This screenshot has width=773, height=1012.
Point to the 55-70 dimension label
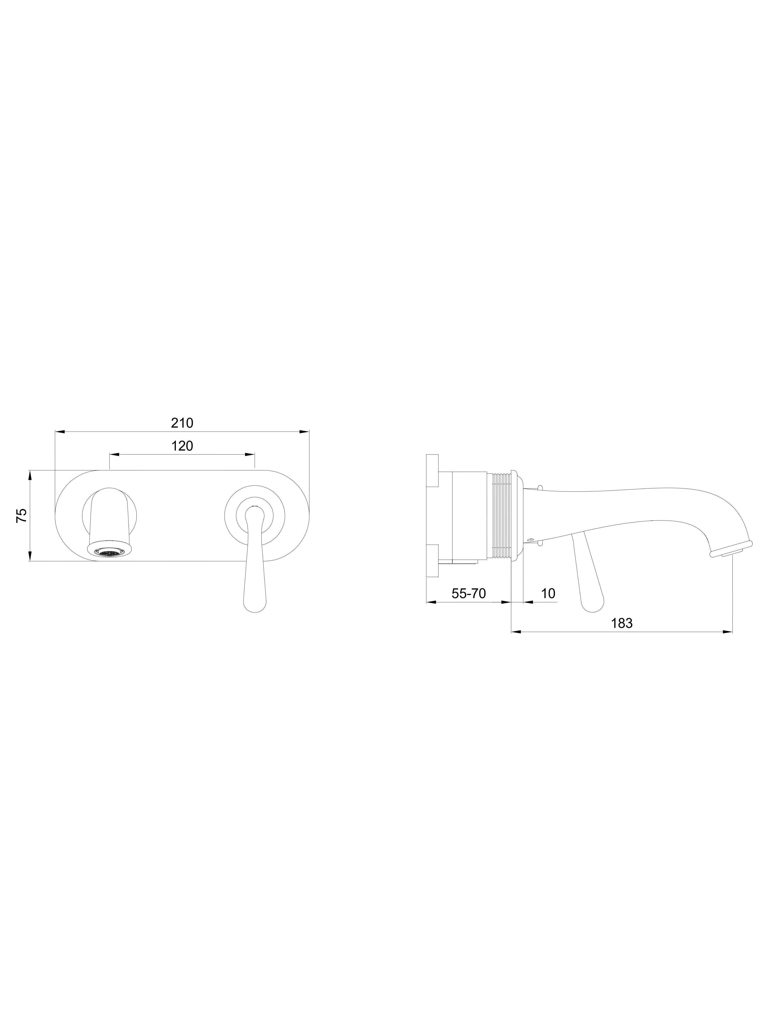tap(468, 593)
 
